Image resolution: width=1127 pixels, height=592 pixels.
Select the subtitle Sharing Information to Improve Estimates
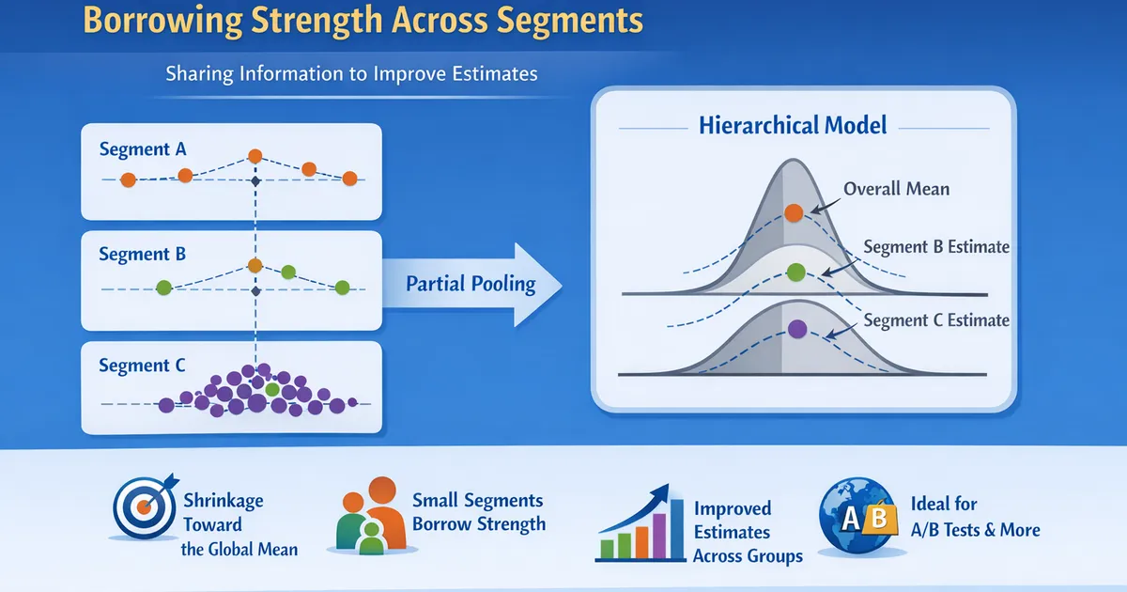(x=351, y=73)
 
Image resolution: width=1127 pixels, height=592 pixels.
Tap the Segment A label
(x=143, y=148)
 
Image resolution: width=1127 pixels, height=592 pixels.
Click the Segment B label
(x=143, y=254)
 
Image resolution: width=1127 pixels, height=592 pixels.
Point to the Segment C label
(x=143, y=366)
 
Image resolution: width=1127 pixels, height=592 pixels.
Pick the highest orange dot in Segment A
(x=254, y=156)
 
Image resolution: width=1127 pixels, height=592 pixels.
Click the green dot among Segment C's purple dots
(x=272, y=388)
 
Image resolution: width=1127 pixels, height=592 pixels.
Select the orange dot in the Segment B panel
(x=254, y=265)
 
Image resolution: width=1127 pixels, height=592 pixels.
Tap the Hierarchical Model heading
(x=794, y=125)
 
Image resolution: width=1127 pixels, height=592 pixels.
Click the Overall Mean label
(x=896, y=189)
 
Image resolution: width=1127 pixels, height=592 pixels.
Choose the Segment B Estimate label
(x=935, y=247)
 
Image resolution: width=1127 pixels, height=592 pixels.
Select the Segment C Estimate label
(x=935, y=320)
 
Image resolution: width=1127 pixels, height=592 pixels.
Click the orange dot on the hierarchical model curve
(x=794, y=212)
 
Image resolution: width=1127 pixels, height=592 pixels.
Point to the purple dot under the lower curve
(x=797, y=329)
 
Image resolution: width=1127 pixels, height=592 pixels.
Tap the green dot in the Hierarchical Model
(x=795, y=273)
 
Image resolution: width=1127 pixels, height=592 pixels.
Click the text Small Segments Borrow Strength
(x=478, y=512)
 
